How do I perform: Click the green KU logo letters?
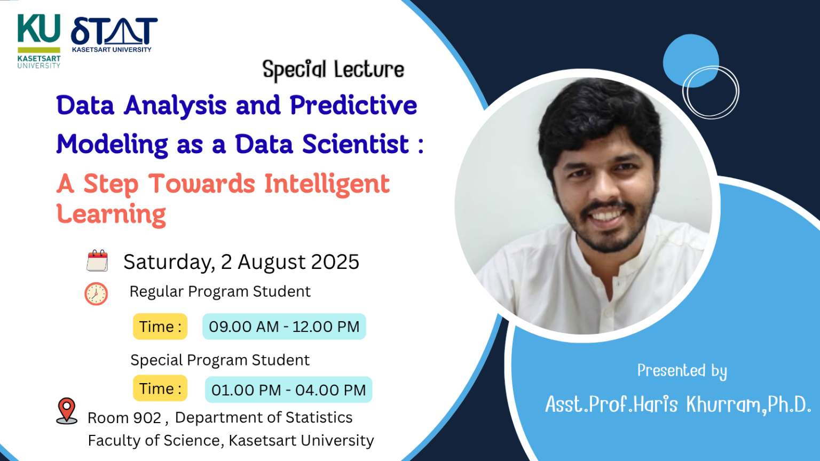click(38, 29)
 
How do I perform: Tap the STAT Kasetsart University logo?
click(114, 33)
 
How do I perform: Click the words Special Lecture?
click(333, 70)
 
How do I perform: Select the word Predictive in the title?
click(353, 105)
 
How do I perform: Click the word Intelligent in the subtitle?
click(327, 184)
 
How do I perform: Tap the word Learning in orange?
click(111, 214)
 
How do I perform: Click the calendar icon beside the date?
click(97, 261)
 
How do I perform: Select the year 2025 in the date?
click(335, 262)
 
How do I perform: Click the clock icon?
click(96, 293)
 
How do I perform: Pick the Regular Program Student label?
click(220, 292)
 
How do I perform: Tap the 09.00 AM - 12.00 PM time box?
click(284, 327)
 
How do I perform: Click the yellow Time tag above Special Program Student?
click(160, 327)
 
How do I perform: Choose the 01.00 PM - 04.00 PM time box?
click(288, 390)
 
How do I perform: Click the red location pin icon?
click(67, 411)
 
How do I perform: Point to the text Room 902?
click(124, 418)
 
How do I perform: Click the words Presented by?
click(682, 371)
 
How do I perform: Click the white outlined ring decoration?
click(711, 92)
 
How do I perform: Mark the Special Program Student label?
click(220, 360)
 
